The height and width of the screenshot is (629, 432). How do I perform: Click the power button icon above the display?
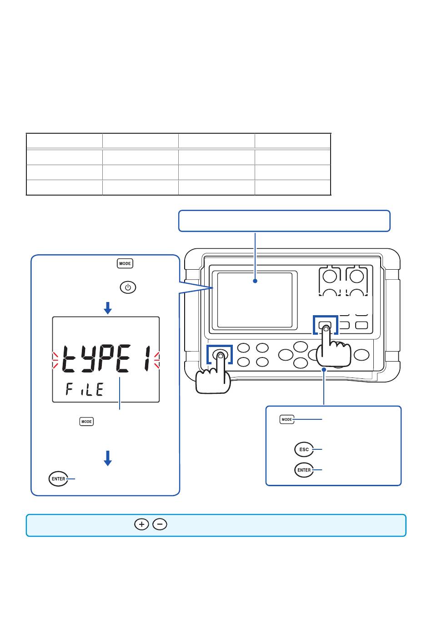128,287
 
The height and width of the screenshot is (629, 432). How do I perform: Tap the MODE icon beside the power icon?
125,263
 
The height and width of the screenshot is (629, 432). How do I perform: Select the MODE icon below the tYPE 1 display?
86,422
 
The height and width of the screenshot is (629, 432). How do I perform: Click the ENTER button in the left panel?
58,479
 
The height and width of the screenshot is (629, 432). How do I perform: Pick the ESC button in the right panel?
304,449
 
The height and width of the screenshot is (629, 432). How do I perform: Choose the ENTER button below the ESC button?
304,470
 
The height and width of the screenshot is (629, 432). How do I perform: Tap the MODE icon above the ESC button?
287,419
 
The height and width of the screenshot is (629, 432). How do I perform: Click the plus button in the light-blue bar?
142,524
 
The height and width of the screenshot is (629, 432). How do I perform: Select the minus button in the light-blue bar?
160,524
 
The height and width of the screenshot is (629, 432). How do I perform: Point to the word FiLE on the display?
85,389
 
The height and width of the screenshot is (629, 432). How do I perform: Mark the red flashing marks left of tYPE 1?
55,360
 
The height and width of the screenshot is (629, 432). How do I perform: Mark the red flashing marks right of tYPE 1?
156,360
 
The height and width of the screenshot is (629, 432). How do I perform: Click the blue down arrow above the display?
108,308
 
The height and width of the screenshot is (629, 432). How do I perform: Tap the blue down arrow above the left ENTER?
108,458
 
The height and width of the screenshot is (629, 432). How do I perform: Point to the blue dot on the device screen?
255,281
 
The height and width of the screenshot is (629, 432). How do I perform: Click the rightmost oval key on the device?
362,355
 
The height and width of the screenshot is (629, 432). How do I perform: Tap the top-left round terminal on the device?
330,276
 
